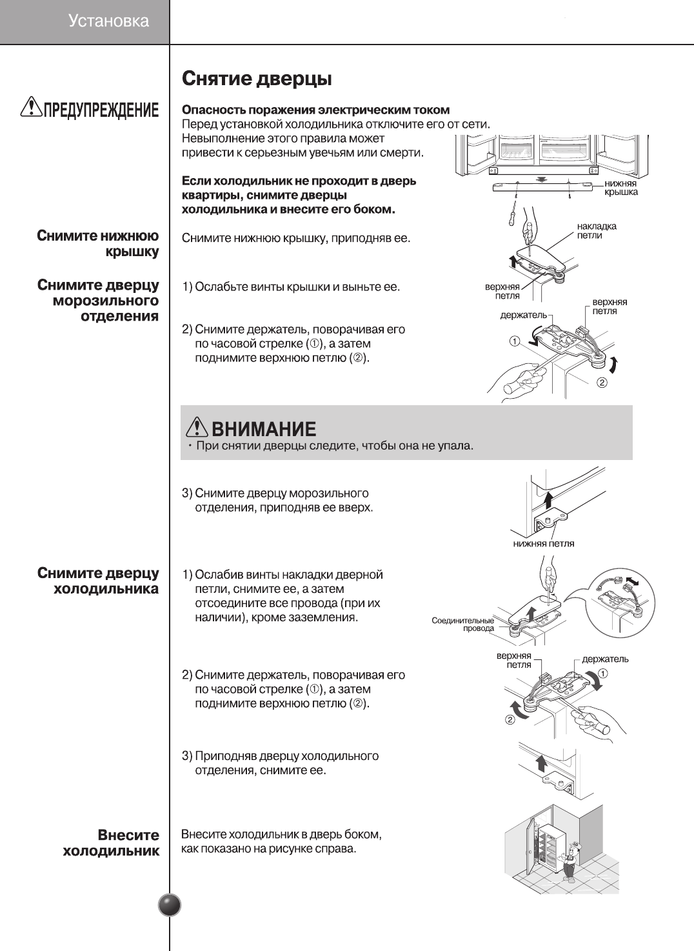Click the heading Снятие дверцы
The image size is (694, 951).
tap(257, 79)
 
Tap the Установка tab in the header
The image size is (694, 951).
tap(108, 21)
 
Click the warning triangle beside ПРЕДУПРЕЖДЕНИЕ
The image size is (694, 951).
tap(30, 106)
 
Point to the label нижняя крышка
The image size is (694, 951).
tap(620, 188)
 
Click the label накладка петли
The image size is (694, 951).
tap(597, 230)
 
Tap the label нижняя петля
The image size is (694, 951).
tap(544, 543)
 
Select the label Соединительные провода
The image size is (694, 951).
tap(462, 624)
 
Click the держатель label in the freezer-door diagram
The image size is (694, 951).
tap(523, 315)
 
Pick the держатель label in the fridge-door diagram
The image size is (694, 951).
tap(605, 659)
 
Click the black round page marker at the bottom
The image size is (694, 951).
tap(170, 905)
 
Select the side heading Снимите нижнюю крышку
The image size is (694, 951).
tap(98, 243)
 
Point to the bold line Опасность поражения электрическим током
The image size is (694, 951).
tap(315, 110)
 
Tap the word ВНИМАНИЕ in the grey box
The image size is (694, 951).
tap(264, 429)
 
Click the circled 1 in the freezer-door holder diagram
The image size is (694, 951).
tap(514, 340)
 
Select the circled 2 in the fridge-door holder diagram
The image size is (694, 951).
tap(510, 719)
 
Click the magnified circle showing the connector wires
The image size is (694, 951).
tap(620, 602)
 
